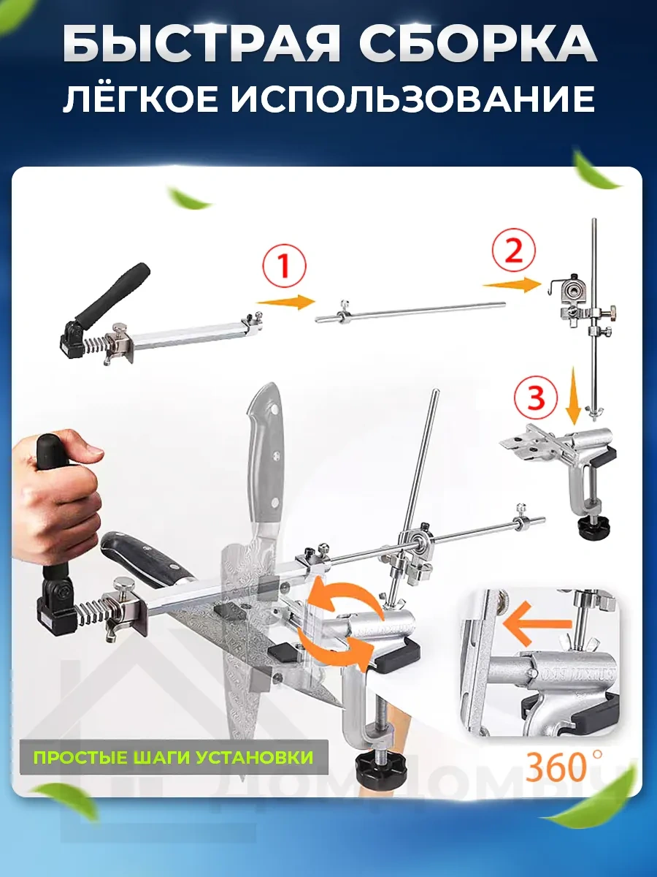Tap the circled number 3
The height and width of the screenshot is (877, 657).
[535, 399]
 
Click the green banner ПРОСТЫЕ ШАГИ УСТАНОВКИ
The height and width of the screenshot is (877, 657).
[173, 756]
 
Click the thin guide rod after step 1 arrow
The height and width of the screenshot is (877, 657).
[409, 311]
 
